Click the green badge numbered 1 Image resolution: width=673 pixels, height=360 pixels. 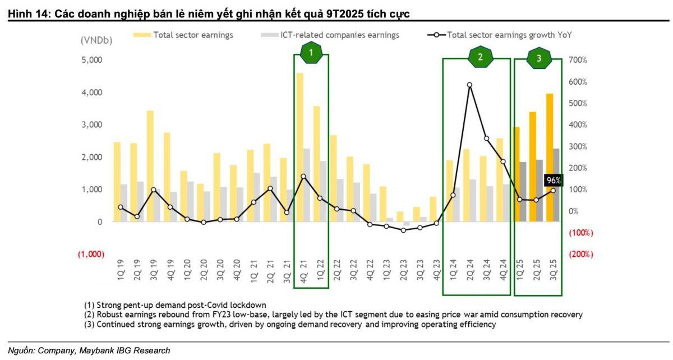pos(311,53)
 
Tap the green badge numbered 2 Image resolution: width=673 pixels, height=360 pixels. pos(480,57)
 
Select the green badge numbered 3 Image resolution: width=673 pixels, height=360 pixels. pos(539,58)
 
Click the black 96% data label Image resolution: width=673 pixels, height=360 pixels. pos(554,181)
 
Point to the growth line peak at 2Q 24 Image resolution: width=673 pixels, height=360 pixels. pos(469,85)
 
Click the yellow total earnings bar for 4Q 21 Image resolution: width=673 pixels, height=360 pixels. pos(300,147)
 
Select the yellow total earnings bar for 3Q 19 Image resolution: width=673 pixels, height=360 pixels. pos(150,166)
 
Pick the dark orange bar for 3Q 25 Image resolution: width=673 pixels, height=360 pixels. pos(550,158)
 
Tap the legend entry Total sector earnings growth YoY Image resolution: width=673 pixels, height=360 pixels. pos(499,35)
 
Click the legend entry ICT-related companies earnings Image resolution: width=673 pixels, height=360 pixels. pos(330,35)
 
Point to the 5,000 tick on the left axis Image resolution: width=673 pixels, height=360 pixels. pos(92,60)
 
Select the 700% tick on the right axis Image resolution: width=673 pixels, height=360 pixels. pos(578,60)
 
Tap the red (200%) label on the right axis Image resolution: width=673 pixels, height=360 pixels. pos(581,255)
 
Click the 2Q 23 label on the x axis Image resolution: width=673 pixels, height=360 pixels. pos(403,270)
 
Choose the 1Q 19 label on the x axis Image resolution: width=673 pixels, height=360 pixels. pos(121,270)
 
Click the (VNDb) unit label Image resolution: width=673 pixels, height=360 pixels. pos(96,40)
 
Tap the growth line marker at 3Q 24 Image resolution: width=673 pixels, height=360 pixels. pos(486,139)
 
